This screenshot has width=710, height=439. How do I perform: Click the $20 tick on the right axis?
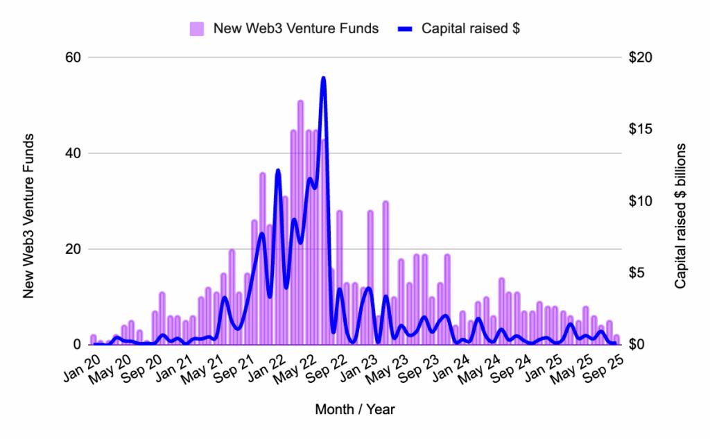tap(643, 58)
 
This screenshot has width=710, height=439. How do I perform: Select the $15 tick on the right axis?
tap(643, 129)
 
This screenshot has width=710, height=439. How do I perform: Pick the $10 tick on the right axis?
tap(643, 201)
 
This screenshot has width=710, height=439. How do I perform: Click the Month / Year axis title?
tap(354, 409)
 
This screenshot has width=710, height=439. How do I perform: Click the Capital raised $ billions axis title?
tap(680, 216)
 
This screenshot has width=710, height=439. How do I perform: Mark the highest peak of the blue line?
tap(323, 78)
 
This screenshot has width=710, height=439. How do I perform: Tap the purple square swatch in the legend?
tap(197, 29)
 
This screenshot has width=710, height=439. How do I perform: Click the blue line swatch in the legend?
tap(405, 29)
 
